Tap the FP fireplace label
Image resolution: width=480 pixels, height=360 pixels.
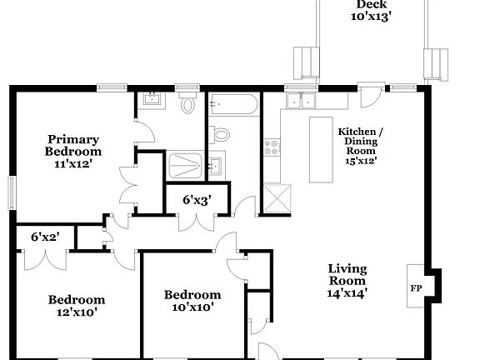pyautogui.click(x=415, y=287)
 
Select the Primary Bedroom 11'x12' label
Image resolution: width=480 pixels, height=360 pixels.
pyautogui.click(x=73, y=152)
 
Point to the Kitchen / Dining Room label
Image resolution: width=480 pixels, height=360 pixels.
pyautogui.click(x=361, y=146)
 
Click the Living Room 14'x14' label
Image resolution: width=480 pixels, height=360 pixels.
pyautogui.click(x=347, y=280)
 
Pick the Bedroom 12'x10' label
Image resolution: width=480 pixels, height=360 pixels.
pyautogui.click(x=76, y=306)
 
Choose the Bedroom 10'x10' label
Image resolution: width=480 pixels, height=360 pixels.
pyautogui.click(x=192, y=300)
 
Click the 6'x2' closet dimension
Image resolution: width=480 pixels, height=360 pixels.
pyautogui.click(x=45, y=237)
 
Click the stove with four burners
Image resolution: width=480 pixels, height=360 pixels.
pyautogui.click(x=272, y=148)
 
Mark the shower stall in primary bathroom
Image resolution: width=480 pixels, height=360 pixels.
pyautogui.click(x=184, y=164)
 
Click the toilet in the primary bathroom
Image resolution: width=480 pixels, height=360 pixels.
pyautogui.click(x=188, y=103)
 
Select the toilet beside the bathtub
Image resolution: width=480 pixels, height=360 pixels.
pyautogui.click(x=222, y=135)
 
